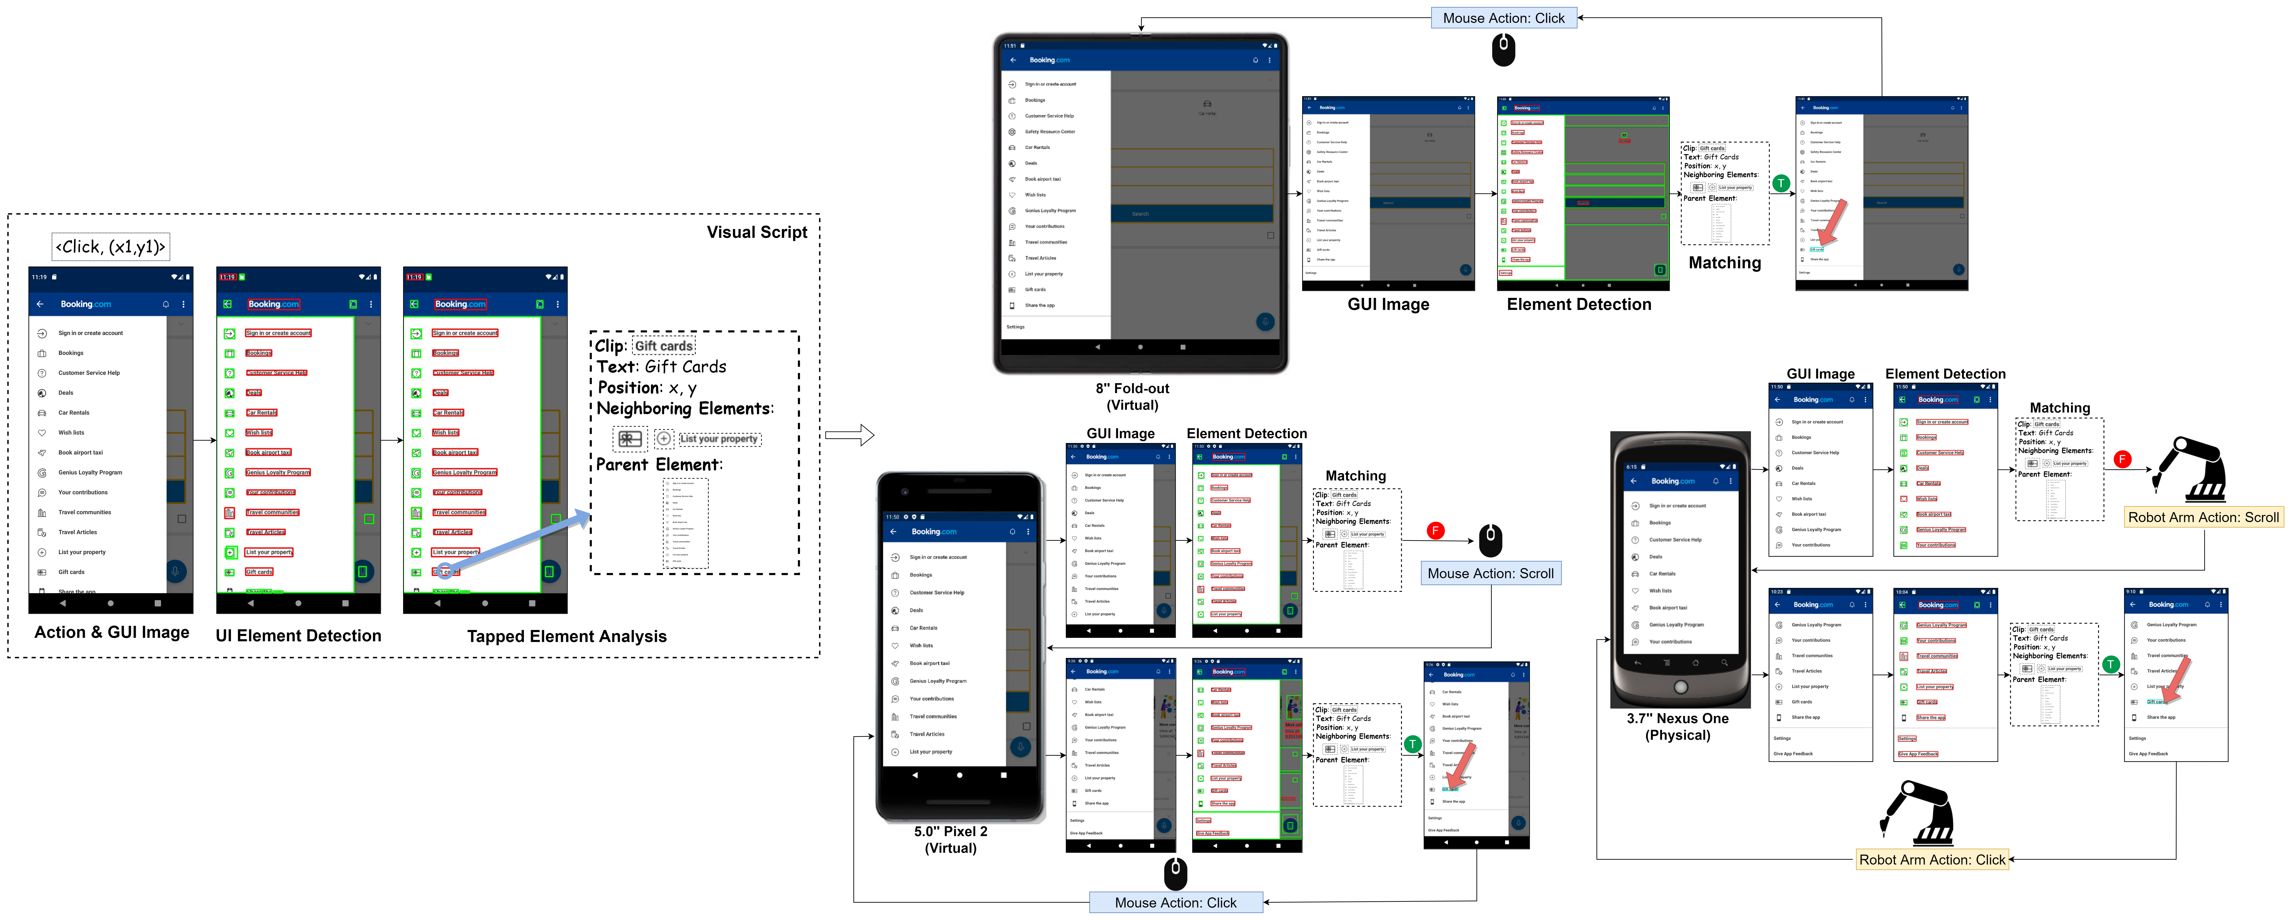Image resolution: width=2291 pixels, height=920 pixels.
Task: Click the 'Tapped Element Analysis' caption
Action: [567, 636]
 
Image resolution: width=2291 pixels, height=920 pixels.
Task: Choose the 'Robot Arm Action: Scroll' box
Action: [2203, 517]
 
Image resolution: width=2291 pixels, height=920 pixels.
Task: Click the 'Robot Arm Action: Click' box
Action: [1932, 859]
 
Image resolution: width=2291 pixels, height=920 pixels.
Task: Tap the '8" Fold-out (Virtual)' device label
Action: [1132, 396]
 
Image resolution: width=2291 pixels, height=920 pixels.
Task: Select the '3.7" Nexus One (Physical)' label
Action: [1677, 726]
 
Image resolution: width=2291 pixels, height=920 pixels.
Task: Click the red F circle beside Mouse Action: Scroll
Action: [1435, 531]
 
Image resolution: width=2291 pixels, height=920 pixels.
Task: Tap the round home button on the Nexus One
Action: [1680, 687]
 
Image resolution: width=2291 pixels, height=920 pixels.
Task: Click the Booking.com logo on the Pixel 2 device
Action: [934, 532]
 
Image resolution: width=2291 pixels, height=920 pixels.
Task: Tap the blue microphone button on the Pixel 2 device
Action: [1020, 747]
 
